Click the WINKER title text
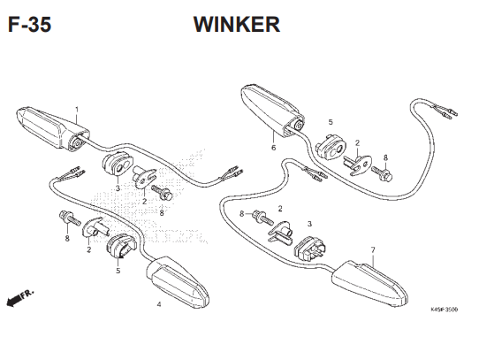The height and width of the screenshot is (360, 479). pyautogui.click(x=237, y=25)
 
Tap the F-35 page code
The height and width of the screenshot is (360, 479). pyautogui.click(x=30, y=25)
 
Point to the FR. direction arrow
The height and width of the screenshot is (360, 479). pyautogui.click(x=19, y=297)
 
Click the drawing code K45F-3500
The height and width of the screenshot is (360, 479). pyautogui.click(x=444, y=310)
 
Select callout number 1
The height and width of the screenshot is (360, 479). pyautogui.click(x=77, y=109)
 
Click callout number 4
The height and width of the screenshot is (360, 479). pyautogui.click(x=159, y=304)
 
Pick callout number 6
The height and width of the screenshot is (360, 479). pyautogui.click(x=273, y=148)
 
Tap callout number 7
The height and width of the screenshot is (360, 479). pyautogui.click(x=373, y=250)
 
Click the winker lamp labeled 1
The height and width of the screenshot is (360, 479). pyautogui.click(x=52, y=129)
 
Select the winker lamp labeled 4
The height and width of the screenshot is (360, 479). pyautogui.click(x=178, y=282)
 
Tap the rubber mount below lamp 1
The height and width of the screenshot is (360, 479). pyautogui.click(x=118, y=165)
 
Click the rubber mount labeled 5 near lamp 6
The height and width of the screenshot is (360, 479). pyautogui.click(x=330, y=146)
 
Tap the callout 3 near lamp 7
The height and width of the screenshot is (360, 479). pyautogui.click(x=309, y=224)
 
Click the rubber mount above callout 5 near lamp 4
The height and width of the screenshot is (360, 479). pyautogui.click(x=121, y=246)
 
